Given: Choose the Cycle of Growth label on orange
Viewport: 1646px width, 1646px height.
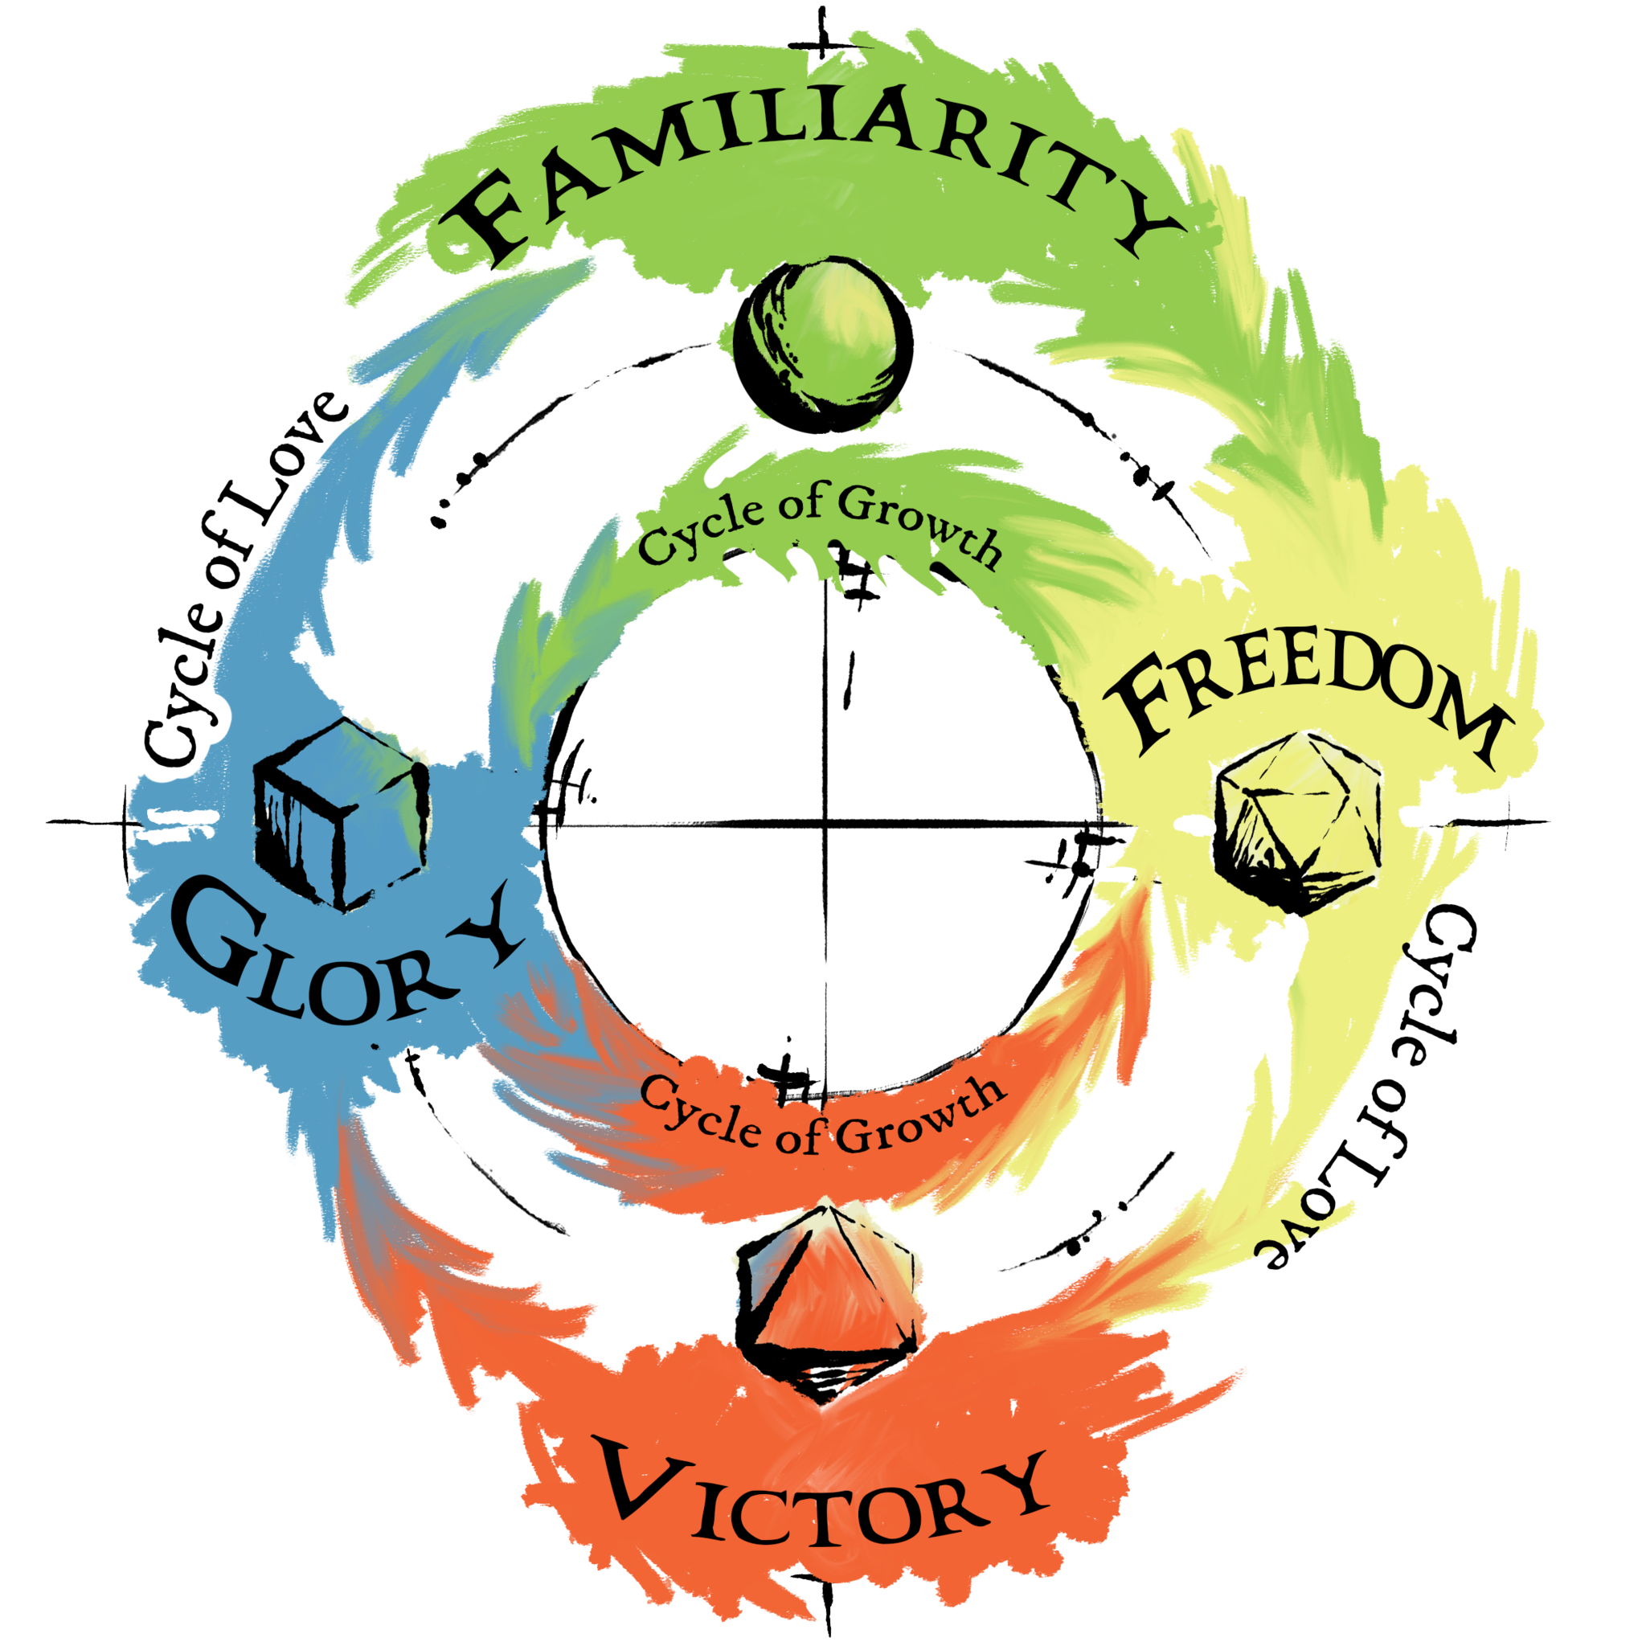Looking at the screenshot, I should (x=818, y=1116).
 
